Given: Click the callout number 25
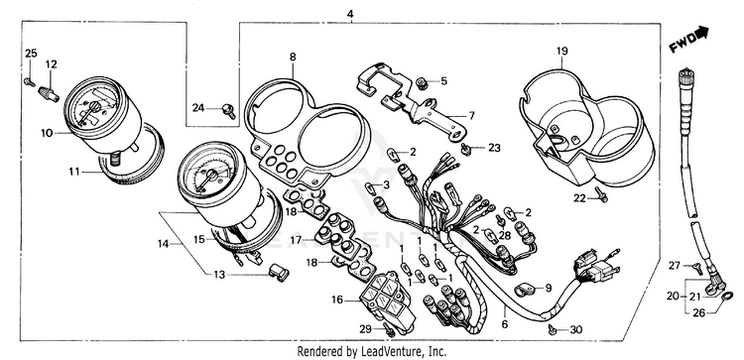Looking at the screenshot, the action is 31,54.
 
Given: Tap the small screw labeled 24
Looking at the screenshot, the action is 229,111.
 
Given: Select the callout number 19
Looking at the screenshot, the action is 562,51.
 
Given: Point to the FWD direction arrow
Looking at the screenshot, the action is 689,40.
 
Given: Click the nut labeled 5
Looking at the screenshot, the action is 421,83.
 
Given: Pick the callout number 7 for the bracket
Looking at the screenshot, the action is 471,115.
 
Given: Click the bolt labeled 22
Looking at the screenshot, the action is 602,193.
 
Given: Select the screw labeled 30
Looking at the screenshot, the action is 553,328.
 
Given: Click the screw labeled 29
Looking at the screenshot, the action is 390,330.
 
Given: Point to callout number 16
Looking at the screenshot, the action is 337,300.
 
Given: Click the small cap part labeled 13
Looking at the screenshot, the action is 279,273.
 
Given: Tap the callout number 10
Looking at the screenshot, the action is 47,133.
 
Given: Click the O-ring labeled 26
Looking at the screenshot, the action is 726,297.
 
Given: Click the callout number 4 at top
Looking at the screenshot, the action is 350,15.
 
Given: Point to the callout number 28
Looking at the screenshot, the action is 504,236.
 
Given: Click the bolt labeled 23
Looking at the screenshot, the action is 466,149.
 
